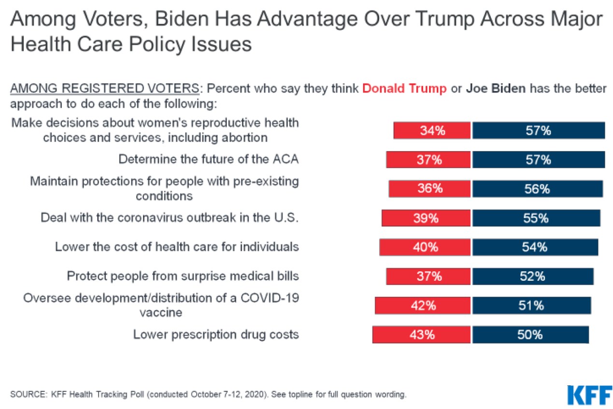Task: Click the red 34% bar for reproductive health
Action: tap(431, 131)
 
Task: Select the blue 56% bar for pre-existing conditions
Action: tap(537, 189)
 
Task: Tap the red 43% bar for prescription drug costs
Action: tap(421, 334)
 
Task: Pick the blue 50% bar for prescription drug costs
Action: tap(530, 334)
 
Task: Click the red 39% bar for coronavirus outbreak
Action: tap(426, 218)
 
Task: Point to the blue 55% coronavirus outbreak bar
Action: tap(536, 218)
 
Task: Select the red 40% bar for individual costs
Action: tap(425, 247)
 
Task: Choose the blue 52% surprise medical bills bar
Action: tap(533, 276)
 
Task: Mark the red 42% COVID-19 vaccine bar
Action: tap(423, 305)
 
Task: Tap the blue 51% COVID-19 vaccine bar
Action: tap(531, 305)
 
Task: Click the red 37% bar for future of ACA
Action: tap(428, 160)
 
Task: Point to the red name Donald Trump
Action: tap(404, 89)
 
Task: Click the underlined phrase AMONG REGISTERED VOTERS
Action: tap(104, 89)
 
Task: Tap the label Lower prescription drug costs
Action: tap(216, 334)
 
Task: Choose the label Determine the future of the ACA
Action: tap(209, 160)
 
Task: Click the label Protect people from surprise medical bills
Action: tap(183, 276)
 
